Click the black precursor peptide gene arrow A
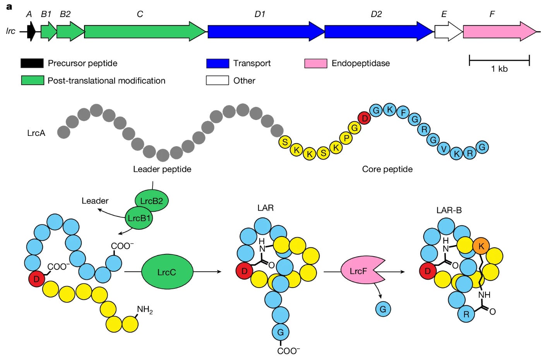coord(31,31)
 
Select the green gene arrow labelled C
coord(145,31)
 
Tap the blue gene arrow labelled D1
coord(266,31)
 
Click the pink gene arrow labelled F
coord(500,31)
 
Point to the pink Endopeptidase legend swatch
coord(316,63)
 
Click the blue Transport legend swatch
coord(218,63)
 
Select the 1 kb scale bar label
coord(499,69)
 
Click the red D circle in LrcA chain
coord(364,118)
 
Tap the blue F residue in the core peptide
coord(403,112)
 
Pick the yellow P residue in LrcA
coord(346,138)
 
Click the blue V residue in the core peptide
coord(444,149)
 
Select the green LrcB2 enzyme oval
coord(152,201)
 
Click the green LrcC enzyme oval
coord(167,272)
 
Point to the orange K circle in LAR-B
coord(481,246)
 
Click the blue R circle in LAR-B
coord(466,314)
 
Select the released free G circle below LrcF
coord(383,309)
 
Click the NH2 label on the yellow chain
coord(145,310)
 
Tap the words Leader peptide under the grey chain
coord(162,169)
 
